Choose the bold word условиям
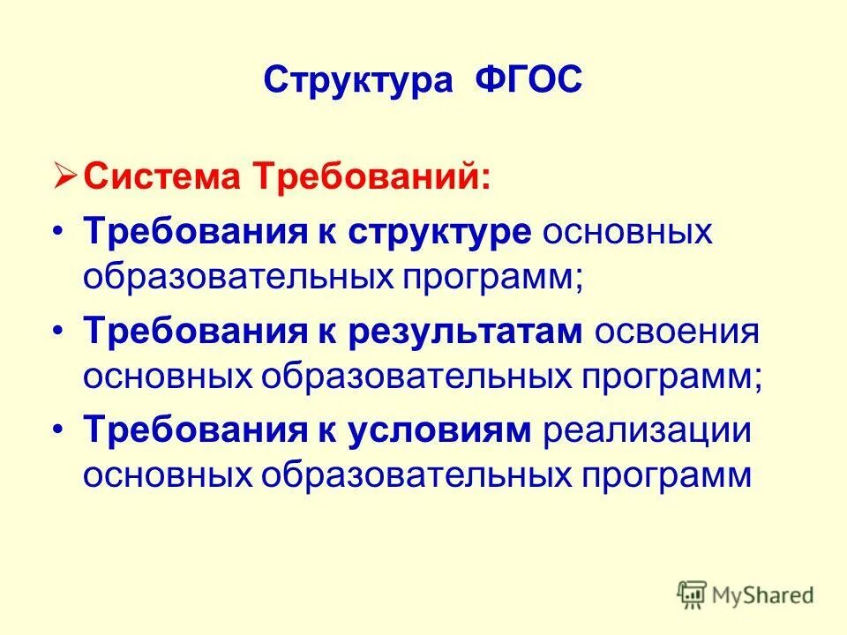441,431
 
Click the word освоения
677,332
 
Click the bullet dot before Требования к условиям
58,431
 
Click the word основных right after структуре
627,234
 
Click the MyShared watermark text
764,595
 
